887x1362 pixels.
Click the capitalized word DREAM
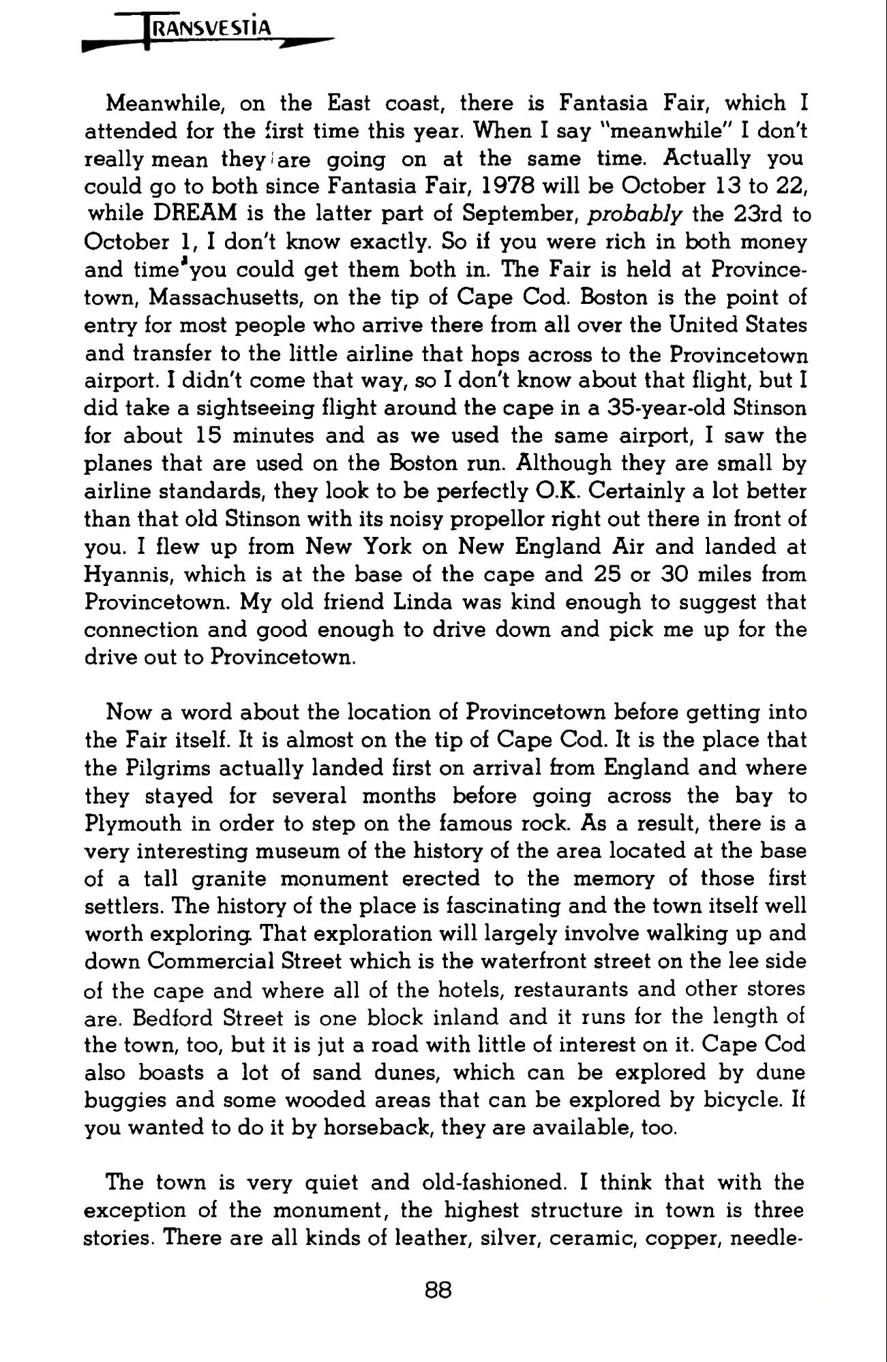(195, 214)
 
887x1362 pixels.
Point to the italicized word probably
(635, 214)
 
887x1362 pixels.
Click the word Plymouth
(133, 823)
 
